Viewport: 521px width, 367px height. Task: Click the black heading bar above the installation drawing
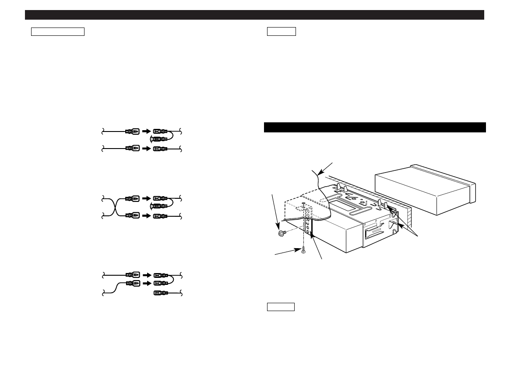pos(375,127)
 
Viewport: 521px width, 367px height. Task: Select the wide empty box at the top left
pos(57,32)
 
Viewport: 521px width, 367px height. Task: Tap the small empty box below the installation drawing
pos(281,307)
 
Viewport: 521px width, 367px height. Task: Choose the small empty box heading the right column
pos(282,31)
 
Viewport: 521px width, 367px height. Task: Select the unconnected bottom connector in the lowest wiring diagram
pos(159,292)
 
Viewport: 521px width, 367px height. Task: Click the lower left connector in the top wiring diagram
pos(133,149)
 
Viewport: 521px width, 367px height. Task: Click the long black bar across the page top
pos(254,15)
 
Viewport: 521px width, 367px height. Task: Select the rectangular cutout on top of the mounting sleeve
pos(343,204)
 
